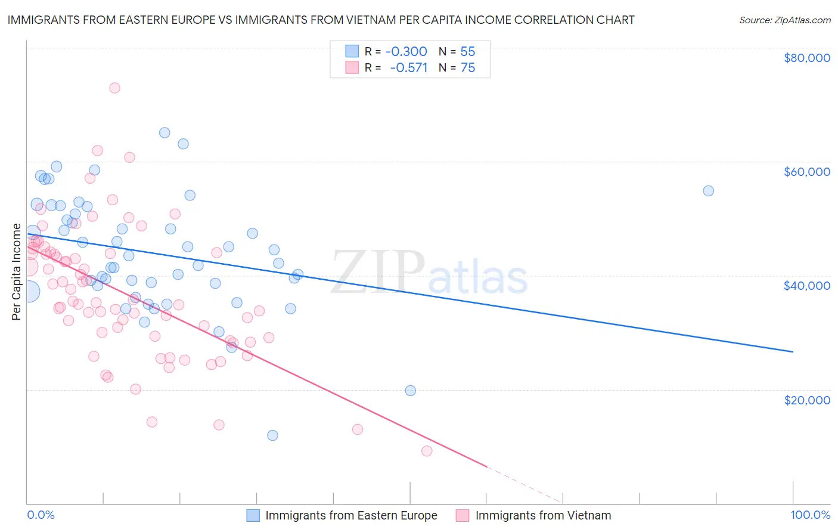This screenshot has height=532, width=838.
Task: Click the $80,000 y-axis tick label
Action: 806,58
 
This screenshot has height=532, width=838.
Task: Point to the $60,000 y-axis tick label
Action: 806,172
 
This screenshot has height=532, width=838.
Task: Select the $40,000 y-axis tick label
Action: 806,286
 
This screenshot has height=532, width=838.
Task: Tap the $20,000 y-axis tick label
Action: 806,400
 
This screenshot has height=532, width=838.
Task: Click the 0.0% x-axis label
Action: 41,515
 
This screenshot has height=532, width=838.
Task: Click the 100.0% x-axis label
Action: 810,515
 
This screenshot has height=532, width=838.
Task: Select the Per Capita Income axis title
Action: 17,272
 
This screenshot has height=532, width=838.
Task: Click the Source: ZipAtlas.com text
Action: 784,20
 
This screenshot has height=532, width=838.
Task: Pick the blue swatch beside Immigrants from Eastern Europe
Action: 253,515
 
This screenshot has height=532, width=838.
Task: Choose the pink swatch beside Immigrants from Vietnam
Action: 463,515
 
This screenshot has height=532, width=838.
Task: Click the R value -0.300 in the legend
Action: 406,51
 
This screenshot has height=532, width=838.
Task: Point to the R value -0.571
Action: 409,67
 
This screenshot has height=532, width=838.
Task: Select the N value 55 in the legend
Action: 468,51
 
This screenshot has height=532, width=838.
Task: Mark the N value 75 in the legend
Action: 468,67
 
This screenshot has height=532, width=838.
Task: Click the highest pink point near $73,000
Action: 114,88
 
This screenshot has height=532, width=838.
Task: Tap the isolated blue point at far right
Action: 708,191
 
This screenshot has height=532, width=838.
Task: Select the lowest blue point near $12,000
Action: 272,435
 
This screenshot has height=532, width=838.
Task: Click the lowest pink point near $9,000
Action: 427,451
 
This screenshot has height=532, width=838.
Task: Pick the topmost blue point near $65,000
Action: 165,132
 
